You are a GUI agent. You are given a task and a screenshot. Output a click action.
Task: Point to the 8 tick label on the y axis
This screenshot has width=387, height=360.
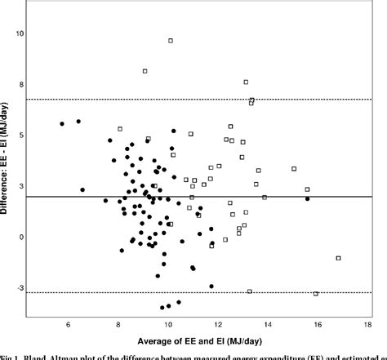tap(24, 85)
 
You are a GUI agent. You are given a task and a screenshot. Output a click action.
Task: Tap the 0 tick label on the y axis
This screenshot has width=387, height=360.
tap(24, 237)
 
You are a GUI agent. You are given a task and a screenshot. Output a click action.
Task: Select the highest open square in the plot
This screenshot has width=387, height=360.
tap(171, 40)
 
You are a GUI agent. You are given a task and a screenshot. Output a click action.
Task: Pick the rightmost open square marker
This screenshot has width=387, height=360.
tap(338, 258)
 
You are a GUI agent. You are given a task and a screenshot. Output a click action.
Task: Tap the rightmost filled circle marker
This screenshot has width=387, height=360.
tap(307, 198)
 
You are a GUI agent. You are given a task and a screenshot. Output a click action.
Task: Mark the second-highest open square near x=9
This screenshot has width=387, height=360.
tap(145, 71)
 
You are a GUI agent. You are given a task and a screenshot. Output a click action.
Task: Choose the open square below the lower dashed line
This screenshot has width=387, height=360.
tap(316, 293)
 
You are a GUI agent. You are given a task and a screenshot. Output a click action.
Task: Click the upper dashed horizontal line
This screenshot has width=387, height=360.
tap(204, 100)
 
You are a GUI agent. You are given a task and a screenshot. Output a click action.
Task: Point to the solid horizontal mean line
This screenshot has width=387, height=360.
tap(204, 197)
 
